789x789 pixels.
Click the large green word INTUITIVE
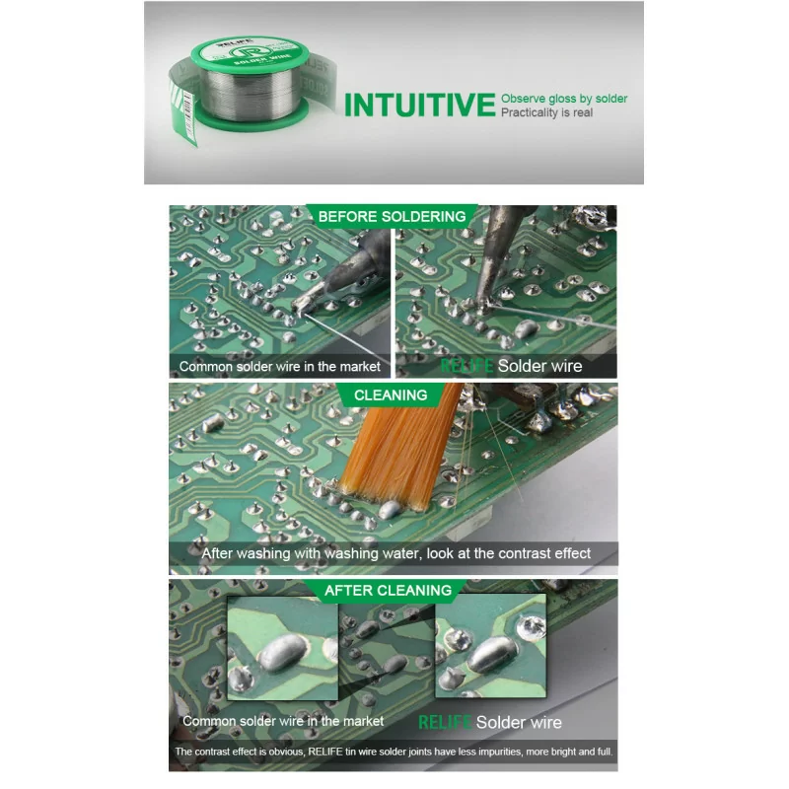pos(420,105)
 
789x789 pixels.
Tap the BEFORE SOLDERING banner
pos(392,216)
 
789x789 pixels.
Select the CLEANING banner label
pos(391,395)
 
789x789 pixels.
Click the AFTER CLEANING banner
pos(388,590)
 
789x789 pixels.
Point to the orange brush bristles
pos(397,448)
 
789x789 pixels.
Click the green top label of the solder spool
pos(250,53)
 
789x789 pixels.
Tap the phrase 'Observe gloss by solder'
pos(564,99)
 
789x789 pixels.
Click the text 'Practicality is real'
pos(546,112)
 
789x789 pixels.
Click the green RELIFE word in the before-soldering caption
pos(466,366)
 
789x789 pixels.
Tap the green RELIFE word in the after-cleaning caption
pos(445,722)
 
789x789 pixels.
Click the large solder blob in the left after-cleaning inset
pos(283,652)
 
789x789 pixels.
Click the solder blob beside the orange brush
pos(391,509)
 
